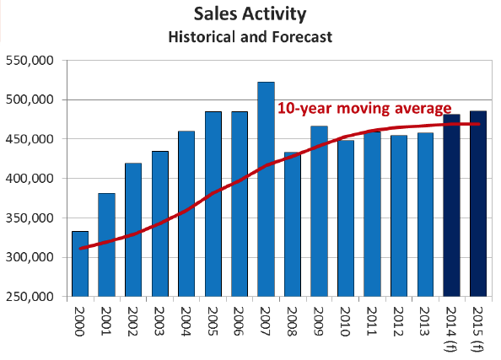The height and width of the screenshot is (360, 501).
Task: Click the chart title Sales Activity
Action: [250, 14]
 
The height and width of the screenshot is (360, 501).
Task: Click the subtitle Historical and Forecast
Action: [250, 37]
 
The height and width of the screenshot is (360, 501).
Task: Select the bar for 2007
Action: [266, 189]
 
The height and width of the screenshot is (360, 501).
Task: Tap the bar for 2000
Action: [80, 264]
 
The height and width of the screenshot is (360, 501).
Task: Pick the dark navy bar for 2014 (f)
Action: [451, 206]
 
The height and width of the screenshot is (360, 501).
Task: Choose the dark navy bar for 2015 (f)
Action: [478, 204]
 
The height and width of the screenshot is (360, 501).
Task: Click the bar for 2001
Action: [107, 245]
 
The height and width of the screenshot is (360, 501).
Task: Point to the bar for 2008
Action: [293, 224]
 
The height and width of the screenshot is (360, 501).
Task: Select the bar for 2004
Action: [186, 213]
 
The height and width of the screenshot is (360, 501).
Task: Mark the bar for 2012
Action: [399, 216]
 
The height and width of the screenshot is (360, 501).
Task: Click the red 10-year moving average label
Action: [364, 109]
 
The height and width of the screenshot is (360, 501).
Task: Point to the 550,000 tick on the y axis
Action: [30, 61]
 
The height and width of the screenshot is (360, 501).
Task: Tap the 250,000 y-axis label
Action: [30, 297]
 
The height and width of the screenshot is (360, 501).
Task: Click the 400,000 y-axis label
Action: [30, 179]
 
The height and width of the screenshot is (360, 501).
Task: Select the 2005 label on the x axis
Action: [213, 321]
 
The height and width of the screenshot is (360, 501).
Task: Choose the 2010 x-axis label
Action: [345, 321]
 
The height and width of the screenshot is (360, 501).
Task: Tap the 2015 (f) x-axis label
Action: [477, 329]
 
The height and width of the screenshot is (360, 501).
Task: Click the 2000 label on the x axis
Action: [80, 321]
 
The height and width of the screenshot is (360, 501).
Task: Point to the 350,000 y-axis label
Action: [30, 218]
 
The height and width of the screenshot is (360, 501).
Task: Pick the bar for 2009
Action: [319, 212]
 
